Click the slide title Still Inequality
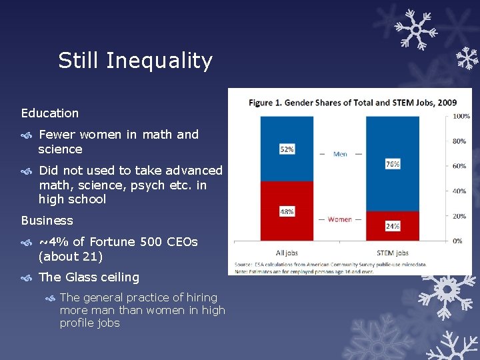pyautogui.click(x=135, y=61)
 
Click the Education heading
pyautogui.click(x=49, y=113)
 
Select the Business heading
pyautogui.click(x=47, y=220)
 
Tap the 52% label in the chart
pyautogui.click(x=287, y=149)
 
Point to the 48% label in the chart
pyautogui.click(x=287, y=211)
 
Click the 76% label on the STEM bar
pyautogui.click(x=393, y=164)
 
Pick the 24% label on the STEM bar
pyautogui.click(x=393, y=226)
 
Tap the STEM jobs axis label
pyautogui.click(x=393, y=253)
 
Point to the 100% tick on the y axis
pyautogui.click(x=461, y=117)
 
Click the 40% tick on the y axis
pyautogui.click(x=459, y=191)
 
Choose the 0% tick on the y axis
pyautogui.click(x=457, y=241)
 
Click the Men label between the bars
pyautogui.click(x=340, y=154)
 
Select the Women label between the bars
pyautogui.click(x=340, y=219)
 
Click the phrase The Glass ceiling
pyautogui.click(x=89, y=277)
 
